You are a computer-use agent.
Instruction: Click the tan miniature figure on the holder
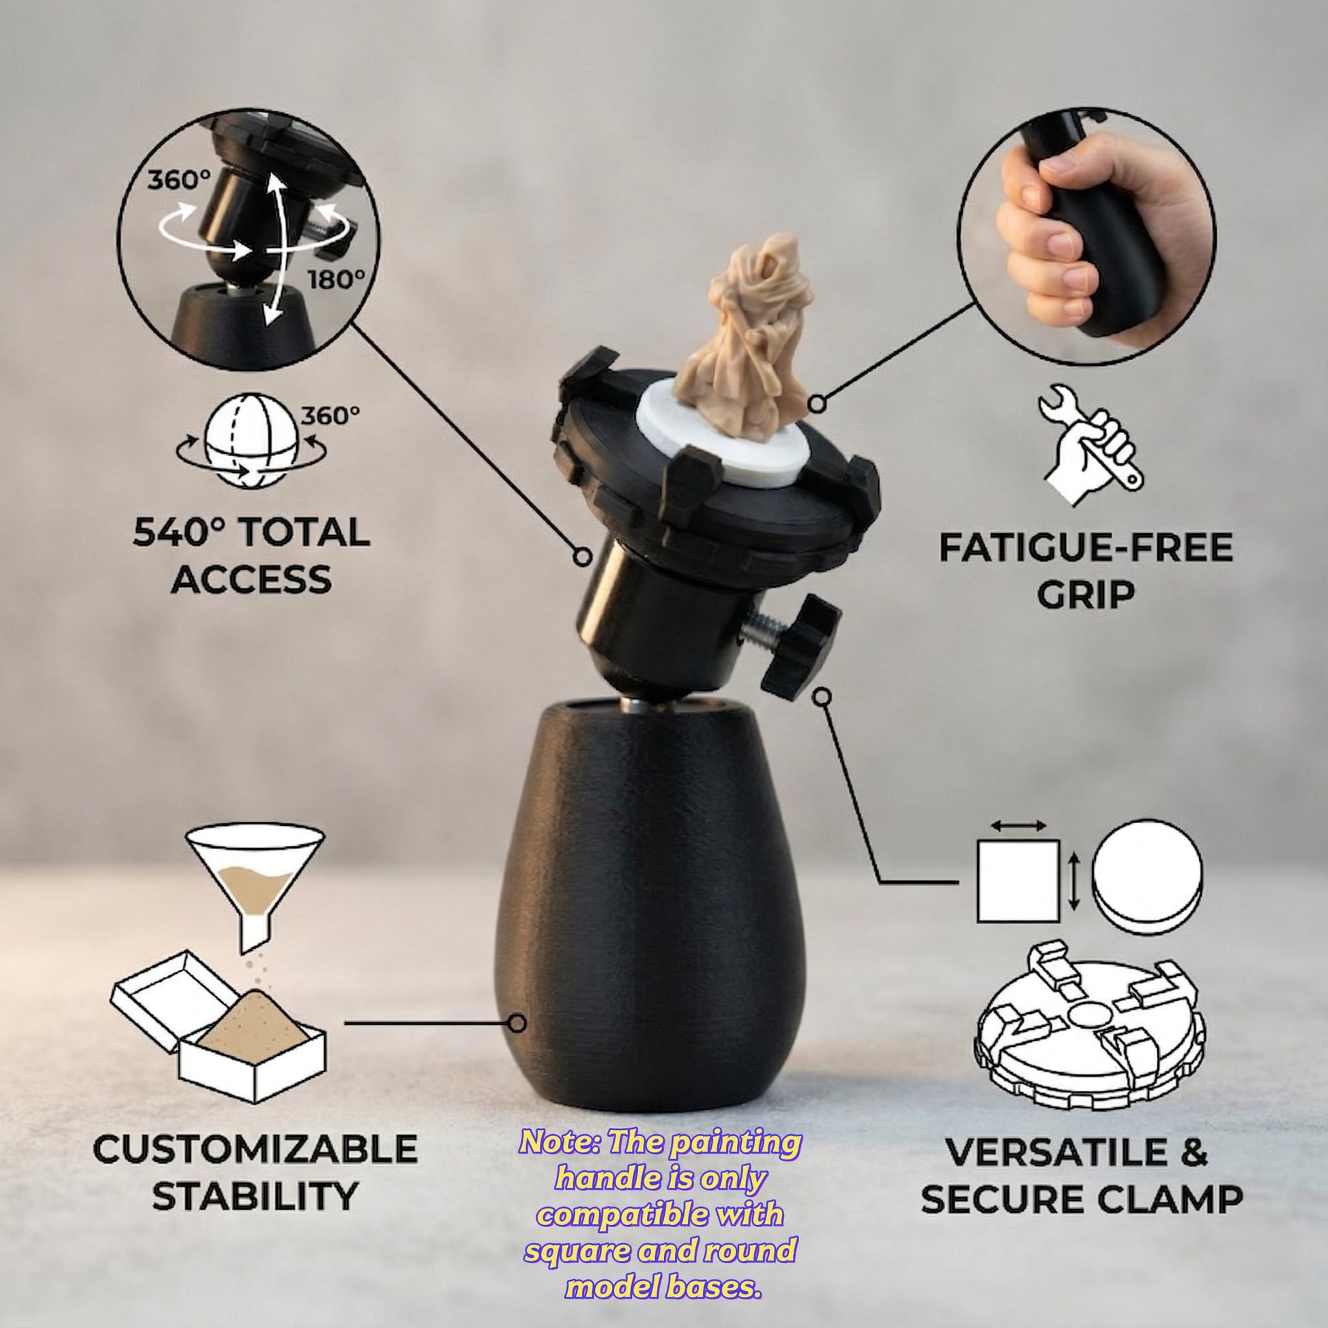coord(745,347)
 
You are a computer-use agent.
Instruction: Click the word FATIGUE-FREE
coord(1085,548)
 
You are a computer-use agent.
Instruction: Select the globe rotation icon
coord(252,444)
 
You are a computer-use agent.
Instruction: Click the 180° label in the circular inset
coord(336,279)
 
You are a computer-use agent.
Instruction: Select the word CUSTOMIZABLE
coord(255,1149)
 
